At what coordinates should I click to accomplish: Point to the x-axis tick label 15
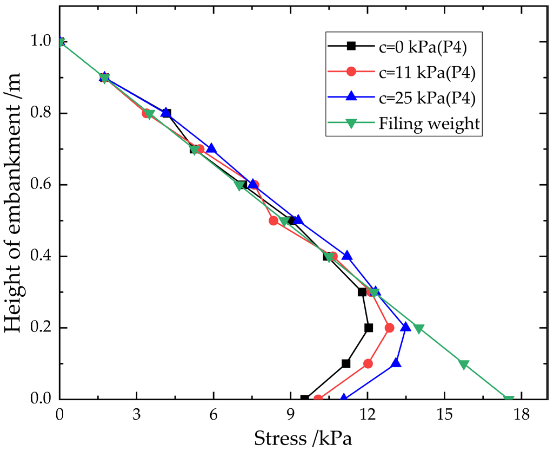[x=444, y=414]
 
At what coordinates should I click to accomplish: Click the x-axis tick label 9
[x=291, y=414]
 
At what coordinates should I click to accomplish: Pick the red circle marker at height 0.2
[x=389, y=328]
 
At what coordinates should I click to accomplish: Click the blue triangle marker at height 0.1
[x=396, y=363]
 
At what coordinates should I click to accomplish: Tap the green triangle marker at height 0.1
[x=464, y=364]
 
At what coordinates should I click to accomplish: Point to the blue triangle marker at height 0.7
[x=211, y=149]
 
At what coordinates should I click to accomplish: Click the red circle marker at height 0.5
[x=274, y=221]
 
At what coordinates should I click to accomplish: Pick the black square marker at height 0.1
[x=346, y=363]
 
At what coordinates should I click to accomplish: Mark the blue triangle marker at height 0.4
[x=347, y=256]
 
